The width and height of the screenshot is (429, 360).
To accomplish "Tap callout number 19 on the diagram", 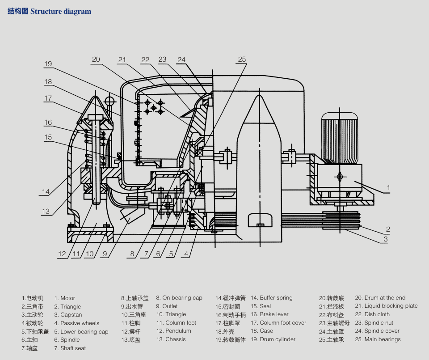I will click(48, 64).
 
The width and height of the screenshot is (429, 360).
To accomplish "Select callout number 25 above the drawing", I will click(242, 59).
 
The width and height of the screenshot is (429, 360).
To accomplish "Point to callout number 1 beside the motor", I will click(388, 188).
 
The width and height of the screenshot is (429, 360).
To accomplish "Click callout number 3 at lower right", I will click(385, 239).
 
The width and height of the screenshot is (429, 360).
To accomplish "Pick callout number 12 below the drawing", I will click(62, 254).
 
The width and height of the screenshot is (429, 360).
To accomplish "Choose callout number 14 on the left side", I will click(46, 192).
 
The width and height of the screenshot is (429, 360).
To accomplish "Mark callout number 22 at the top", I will click(145, 59).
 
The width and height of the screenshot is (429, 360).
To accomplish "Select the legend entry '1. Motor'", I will click(65, 298).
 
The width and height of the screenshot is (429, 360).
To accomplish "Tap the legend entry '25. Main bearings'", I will click(378, 339).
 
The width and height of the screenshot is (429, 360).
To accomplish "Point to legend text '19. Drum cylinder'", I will click(273, 339).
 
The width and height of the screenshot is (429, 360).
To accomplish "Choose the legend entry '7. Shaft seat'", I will click(70, 348).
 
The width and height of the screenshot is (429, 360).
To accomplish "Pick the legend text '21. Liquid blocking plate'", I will click(386, 306).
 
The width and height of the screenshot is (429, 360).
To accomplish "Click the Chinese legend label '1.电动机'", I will click(32, 298).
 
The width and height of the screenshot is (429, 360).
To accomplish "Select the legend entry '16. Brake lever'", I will click(269, 314).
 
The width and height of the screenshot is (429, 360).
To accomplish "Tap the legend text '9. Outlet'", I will click(167, 306).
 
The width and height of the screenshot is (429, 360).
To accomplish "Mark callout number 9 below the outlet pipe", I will click(104, 254).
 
